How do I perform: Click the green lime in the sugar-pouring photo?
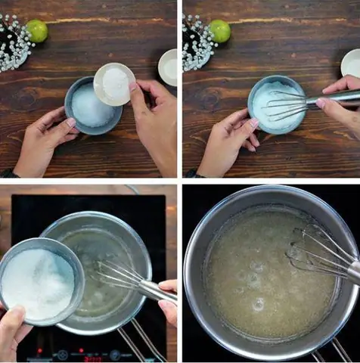coord(36,31)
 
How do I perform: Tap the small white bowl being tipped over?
coord(113,83)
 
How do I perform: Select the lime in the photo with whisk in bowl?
coord(219,31)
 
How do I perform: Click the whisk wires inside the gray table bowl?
coord(286,105)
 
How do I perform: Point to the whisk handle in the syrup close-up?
coord(352,271)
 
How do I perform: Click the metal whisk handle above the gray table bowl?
coord(333,97)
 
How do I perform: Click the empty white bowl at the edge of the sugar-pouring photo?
coord(168,67)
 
